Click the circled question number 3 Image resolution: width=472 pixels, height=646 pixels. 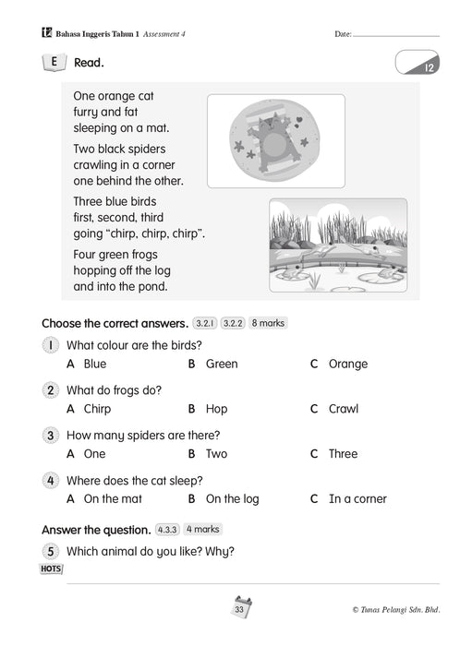pyautogui.click(x=50, y=436)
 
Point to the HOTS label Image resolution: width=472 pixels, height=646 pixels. pyautogui.click(x=51, y=569)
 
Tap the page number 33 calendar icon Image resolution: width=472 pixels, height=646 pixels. pyautogui.click(x=240, y=607)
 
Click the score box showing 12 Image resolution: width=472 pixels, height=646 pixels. pyautogui.click(x=418, y=63)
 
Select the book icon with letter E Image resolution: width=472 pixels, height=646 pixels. pyautogui.click(x=54, y=63)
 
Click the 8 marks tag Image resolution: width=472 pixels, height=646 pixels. pyautogui.click(x=268, y=323)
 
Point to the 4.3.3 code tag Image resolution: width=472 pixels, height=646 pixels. pyautogui.click(x=167, y=530)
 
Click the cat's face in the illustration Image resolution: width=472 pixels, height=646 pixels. pyautogui.click(x=270, y=123)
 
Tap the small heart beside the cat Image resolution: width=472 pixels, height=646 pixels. pyautogui.click(x=299, y=120)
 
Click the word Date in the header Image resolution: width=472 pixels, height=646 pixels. pyautogui.click(x=343, y=34)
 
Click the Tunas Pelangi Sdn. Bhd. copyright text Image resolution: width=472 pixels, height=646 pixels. pyautogui.click(x=396, y=610)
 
